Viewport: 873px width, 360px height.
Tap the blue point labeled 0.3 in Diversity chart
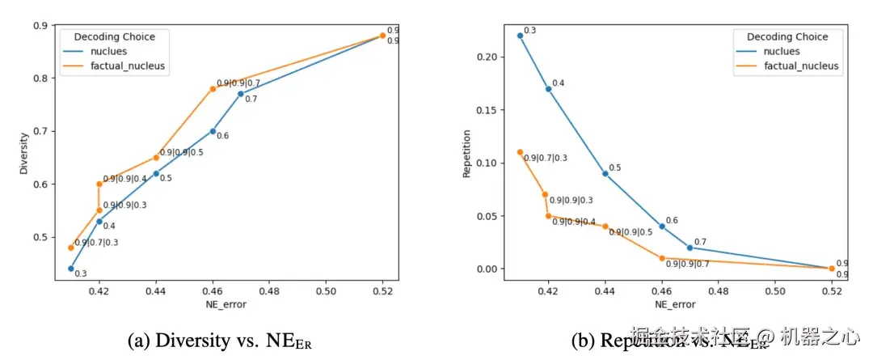(x=71, y=269)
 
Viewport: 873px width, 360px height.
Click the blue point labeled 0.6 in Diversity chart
(x=213, y=131)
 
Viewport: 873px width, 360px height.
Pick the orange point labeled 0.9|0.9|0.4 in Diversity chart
(x=99, y=184)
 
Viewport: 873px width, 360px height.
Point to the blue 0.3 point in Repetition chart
(x=520, y=36)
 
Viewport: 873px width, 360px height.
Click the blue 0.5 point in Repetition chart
(x=605, y=173)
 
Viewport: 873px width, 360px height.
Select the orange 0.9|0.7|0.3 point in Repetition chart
(x=520, y=152)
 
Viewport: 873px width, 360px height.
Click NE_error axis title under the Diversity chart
(x=226, y=305)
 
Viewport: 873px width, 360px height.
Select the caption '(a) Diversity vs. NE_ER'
(x=219, y=341)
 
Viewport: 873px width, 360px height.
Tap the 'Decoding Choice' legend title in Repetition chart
(x=787, y=36)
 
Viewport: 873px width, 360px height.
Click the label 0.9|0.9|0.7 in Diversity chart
(x=238, y=83)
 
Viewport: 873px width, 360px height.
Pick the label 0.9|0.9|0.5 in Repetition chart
(x=630, y=232)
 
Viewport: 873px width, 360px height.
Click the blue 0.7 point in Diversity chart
(x=241, y=94)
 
